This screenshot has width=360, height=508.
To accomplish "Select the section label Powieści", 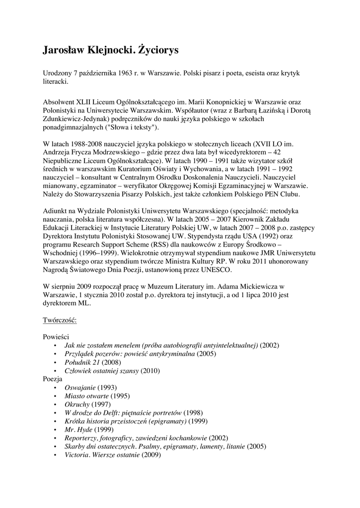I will tap(55, 336).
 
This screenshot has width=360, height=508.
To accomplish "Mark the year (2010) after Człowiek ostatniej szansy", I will tap(151, 370).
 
